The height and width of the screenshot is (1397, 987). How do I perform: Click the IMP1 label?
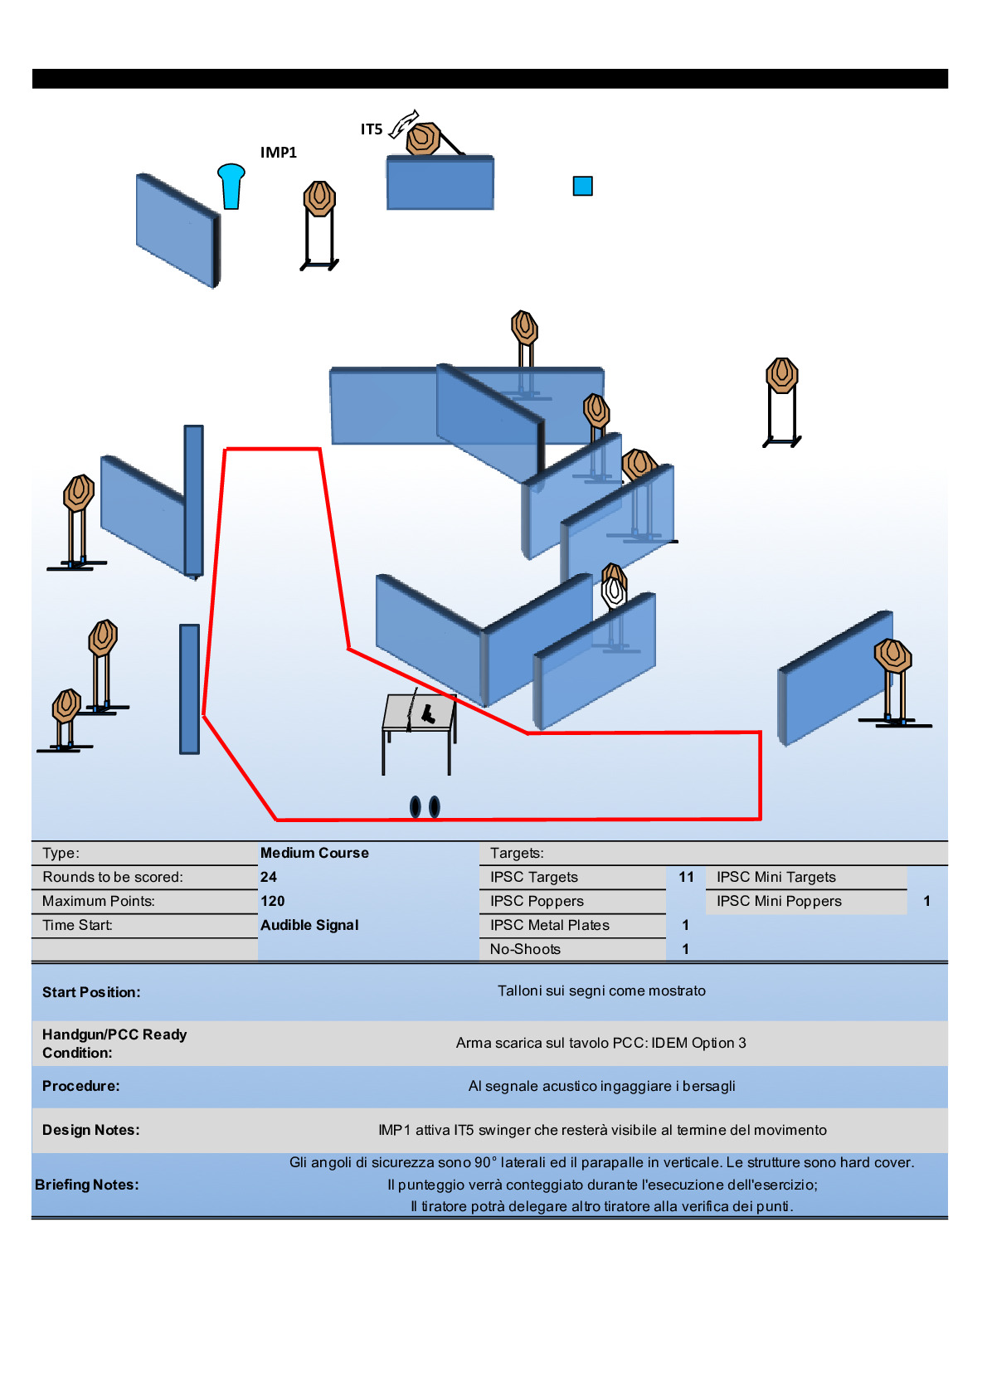pyautogui.click(x=278, y=153)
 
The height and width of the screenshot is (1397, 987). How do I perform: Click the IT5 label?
pyautogui.click(x=371, y=129)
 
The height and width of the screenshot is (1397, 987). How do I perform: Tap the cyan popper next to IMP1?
pyautogui.click(x=231, y=185)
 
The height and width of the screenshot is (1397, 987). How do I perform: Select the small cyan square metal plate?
pyautogui.click(x=583, y=186)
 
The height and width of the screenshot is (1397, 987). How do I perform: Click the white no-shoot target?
pyautogui.click(x=614, y=591)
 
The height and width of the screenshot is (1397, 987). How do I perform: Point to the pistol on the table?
pyautogui.click(x=428, y=713)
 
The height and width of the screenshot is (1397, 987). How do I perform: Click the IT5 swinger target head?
pyautogui.click(x=423, y=139)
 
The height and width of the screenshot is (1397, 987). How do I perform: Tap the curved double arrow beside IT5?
pyautogui.click(x=404, y=124)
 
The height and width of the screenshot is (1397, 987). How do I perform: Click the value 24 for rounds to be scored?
pyautogui.click(x=269, y=877)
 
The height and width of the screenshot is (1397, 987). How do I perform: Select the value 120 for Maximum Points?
pyautogui.click(x=272, y=901)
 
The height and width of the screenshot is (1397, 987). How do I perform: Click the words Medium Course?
pyautogui.click(x=314, y=853)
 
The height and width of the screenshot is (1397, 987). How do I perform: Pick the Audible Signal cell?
pyautogui.click(x=309, y=925)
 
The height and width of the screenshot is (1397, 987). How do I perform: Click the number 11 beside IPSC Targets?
pyautogui.click(x=686, y=877)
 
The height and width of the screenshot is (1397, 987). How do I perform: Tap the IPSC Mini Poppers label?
pyautogui.click(x=779, y=901)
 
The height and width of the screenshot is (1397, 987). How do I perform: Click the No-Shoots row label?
pyautogui.click(x=525, y=949)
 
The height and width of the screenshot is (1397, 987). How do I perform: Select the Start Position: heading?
pyautogui.click(x=91, y=992)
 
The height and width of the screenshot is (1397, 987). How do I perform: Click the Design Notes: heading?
pyautogui.click(x=90, y=1130)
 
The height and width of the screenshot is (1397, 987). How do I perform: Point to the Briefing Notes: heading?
pyautogui.click(x=87, y=1185)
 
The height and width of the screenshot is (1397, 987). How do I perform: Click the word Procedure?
pyautogui.click(x=80, y=1086)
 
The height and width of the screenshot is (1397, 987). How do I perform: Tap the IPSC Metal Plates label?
pyautogui.click(x=549, y=925)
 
